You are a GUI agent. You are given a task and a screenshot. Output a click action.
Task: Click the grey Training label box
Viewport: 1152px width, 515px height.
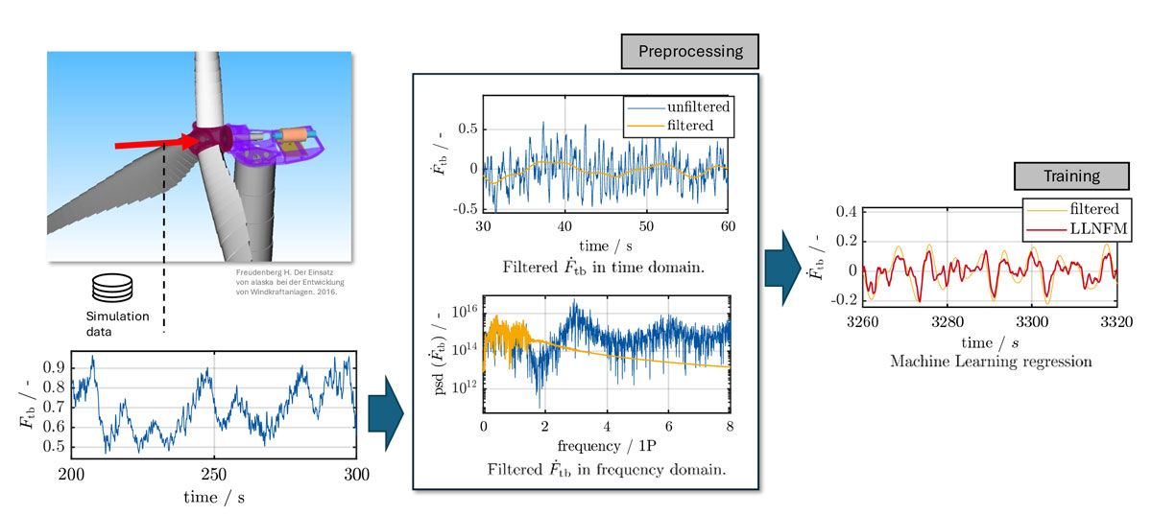[1071, 176]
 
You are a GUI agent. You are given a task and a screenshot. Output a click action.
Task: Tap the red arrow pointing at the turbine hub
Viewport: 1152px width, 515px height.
[154, 144]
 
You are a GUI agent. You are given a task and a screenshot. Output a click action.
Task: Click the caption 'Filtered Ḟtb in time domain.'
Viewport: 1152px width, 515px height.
[610, 268]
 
